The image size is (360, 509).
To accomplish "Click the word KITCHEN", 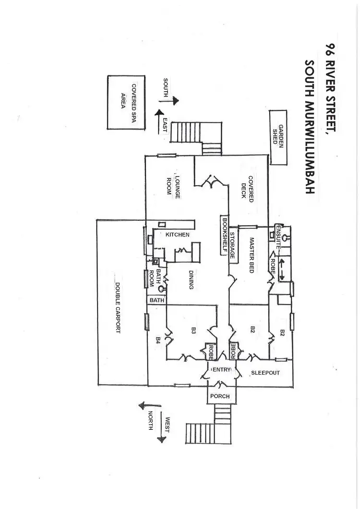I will pyautogui.click(x=177, y=235).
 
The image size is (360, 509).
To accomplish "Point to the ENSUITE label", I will pyautogui.click(x=278, y=235).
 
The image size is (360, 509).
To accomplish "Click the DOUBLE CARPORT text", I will pyautogui.click(x=117, y=307).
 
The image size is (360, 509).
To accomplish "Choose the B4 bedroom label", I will pyautogui.click(x=158, y=340).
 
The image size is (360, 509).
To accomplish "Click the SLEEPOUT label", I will pyautogui.click(x=265, y=372).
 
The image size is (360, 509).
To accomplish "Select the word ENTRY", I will pyautogui.click(x=221, y=369).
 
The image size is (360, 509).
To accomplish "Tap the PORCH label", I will pyautogui.click(x=220, y=396).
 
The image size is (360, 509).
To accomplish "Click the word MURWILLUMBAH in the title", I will pyautogui.click(x=309, y=127).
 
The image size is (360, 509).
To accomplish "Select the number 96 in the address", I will pyautogui.click(x=330, y=51).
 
